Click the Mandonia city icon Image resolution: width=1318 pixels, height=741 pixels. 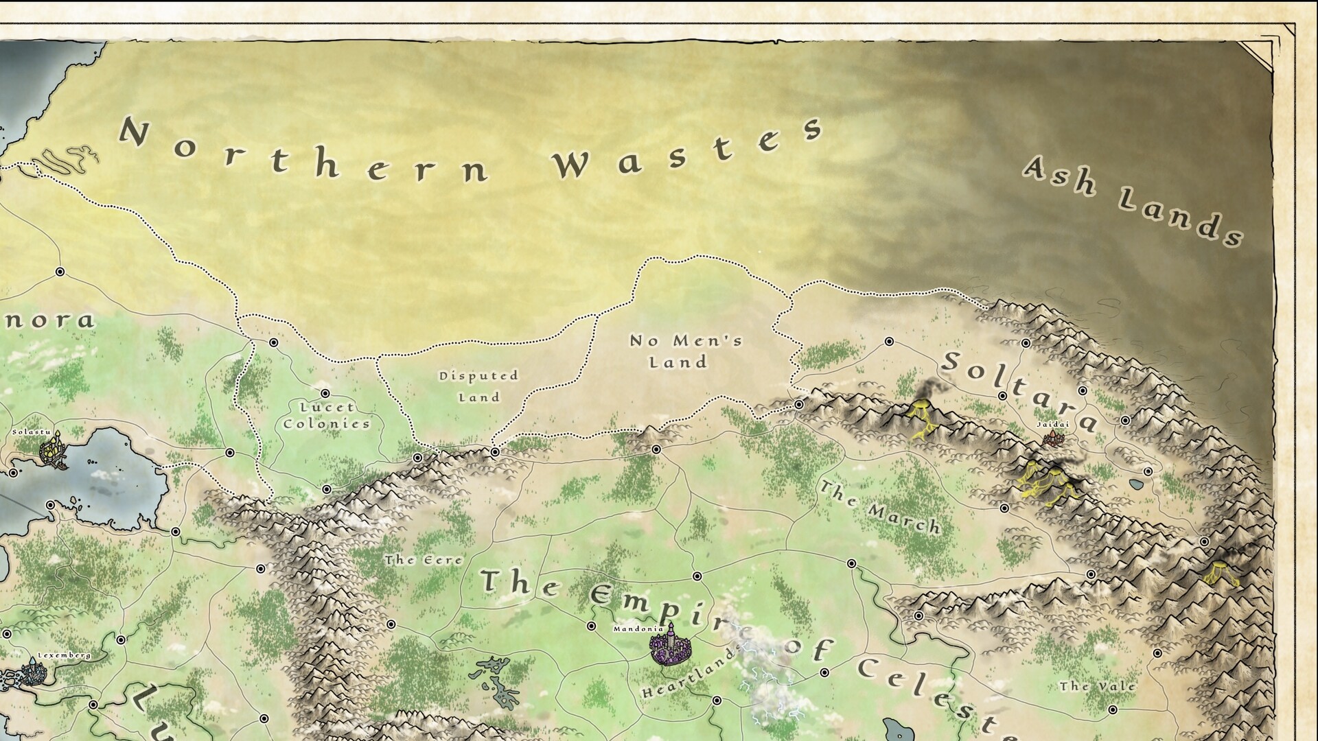point(669,646)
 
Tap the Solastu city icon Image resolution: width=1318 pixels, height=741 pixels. point(52,451)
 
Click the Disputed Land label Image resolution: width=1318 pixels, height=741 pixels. point(479,386)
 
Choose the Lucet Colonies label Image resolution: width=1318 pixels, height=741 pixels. point(327,415)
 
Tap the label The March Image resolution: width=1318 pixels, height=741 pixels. point(880,508)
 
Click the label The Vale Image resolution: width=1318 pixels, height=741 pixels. point(1097,686)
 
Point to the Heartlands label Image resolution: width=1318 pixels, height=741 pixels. point(690,672)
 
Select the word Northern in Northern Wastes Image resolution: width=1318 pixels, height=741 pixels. point(302,154)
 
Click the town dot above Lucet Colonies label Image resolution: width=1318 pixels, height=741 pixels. point(325,393)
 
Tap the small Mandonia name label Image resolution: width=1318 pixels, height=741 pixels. point(638,628)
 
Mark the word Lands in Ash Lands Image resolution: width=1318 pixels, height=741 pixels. point(1181,217)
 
